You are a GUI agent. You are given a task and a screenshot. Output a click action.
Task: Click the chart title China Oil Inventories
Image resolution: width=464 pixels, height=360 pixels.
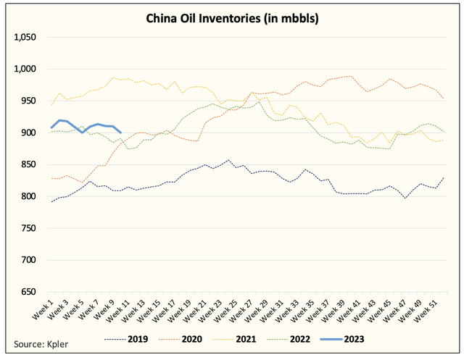(x=232, y=17)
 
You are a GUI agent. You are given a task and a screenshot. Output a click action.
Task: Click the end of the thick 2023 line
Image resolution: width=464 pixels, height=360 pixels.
(x=120, y=132)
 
